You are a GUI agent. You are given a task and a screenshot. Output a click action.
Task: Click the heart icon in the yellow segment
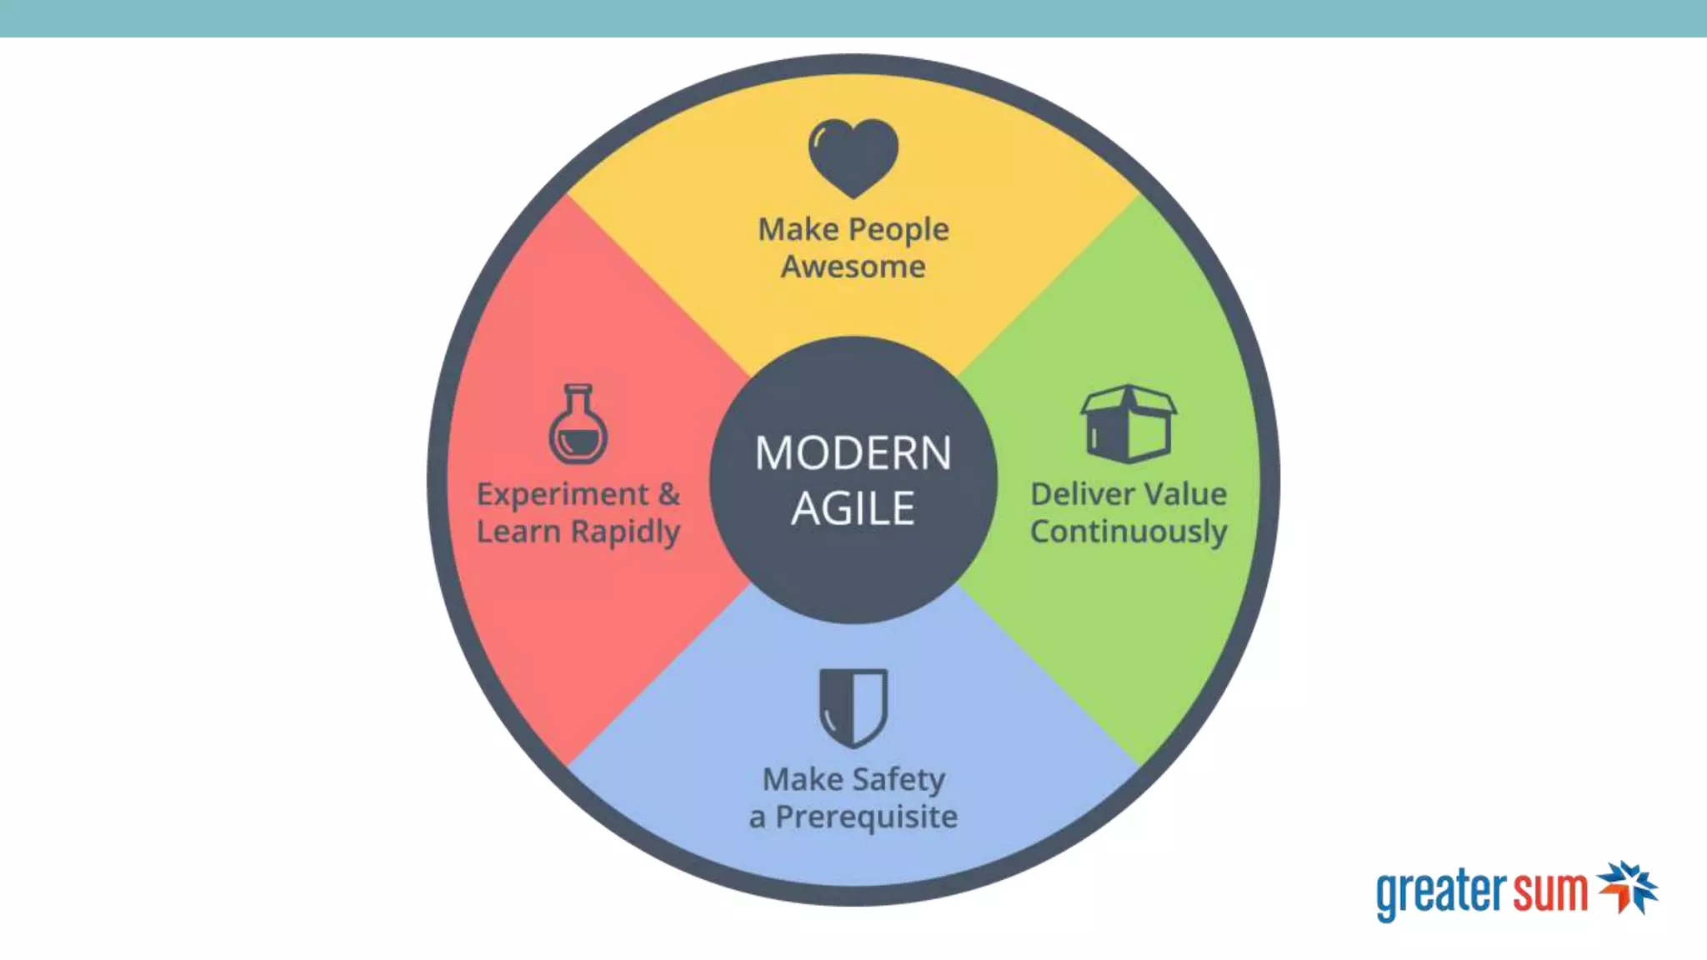[x=853, y=157]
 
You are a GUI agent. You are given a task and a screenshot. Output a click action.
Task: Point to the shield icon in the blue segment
[x=853, y=707]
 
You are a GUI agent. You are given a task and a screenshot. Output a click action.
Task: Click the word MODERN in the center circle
[x=853, y=454]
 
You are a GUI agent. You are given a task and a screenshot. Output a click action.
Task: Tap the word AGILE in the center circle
[x=853, y=509]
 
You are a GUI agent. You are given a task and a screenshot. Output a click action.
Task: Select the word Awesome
[x=853, y=267]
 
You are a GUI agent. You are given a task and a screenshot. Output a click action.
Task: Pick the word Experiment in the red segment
[x=563, y=495]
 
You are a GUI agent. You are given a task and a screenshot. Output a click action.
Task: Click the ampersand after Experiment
[x=668, y=494]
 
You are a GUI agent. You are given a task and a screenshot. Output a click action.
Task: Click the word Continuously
[x=1129, y=532]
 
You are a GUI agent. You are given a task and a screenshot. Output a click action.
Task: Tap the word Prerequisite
[x=866, y=817]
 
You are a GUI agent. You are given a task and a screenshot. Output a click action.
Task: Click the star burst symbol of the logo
[x=1627, y=887]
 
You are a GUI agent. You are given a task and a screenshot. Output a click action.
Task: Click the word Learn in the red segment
[x=518, y=532]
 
